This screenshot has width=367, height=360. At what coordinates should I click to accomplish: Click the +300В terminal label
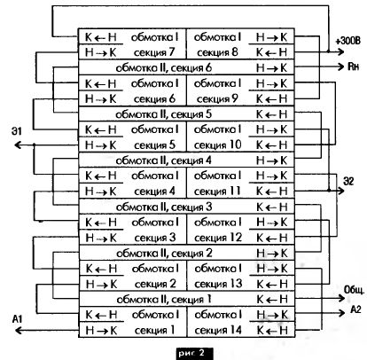pos(347,41)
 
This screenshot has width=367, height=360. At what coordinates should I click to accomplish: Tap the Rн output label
pos(353,67)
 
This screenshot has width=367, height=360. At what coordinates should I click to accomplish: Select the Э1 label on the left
pos(17,131)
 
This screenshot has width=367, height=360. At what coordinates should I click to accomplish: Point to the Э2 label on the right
pos(348,181)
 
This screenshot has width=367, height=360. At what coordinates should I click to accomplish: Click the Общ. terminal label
pos(354,290)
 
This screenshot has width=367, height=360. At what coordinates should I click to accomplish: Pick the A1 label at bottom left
pos(18,319)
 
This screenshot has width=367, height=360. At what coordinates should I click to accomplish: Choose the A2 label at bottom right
pos(355,309)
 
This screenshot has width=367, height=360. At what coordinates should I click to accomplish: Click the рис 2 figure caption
pos(195,353)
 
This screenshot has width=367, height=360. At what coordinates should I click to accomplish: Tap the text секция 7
pos(154,52)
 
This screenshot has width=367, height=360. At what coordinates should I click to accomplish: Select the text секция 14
pos(218,330)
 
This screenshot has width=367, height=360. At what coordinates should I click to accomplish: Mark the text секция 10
pos(218,145)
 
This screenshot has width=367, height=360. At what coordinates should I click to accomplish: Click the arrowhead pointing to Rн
pos(341,67)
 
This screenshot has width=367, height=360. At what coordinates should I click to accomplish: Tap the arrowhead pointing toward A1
pos(19,330)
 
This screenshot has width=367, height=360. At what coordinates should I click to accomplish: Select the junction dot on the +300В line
pos(329,51)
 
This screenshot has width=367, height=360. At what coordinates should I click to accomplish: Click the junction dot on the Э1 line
pos(34,145)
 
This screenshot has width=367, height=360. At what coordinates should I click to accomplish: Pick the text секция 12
pos(218,238)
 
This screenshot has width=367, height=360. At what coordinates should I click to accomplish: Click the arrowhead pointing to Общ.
pos(341,298)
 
